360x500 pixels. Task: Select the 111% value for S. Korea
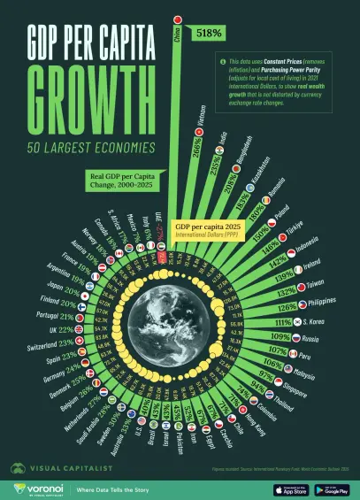(284, 322)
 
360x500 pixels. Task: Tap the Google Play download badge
(334, 488)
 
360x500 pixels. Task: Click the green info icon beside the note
(223, 62)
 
